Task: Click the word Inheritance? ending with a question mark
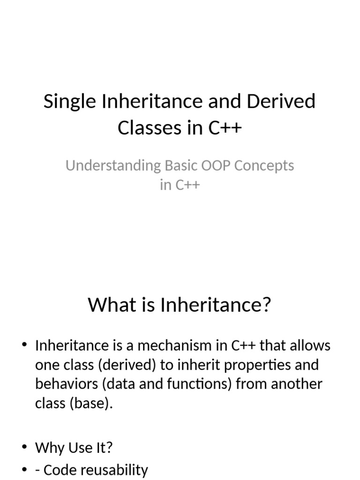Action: [216, 306]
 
